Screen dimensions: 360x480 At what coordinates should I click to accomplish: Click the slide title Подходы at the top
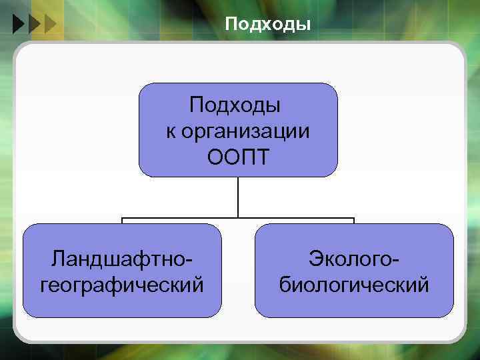[x=267, y=25]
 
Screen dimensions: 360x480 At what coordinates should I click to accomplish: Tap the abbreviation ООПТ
[x=238, y=157]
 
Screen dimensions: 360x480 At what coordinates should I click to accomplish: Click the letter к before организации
[x=171, y=131]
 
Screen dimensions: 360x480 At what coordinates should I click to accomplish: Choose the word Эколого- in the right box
[x=354, y=259]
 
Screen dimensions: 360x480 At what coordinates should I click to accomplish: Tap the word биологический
[x=354, y=285]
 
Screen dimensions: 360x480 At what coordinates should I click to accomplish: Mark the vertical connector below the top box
[x=238, y=197]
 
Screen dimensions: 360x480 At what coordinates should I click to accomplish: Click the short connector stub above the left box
[x=122, y=221]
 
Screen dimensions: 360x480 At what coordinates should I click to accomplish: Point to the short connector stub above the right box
[x=354, y=221]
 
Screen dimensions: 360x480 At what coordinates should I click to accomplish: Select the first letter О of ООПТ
[x=215, y=157]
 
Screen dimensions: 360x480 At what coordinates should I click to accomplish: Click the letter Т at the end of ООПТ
[x=262, y=157]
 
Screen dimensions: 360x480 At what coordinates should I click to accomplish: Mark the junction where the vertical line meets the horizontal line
[x=238, y=217]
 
